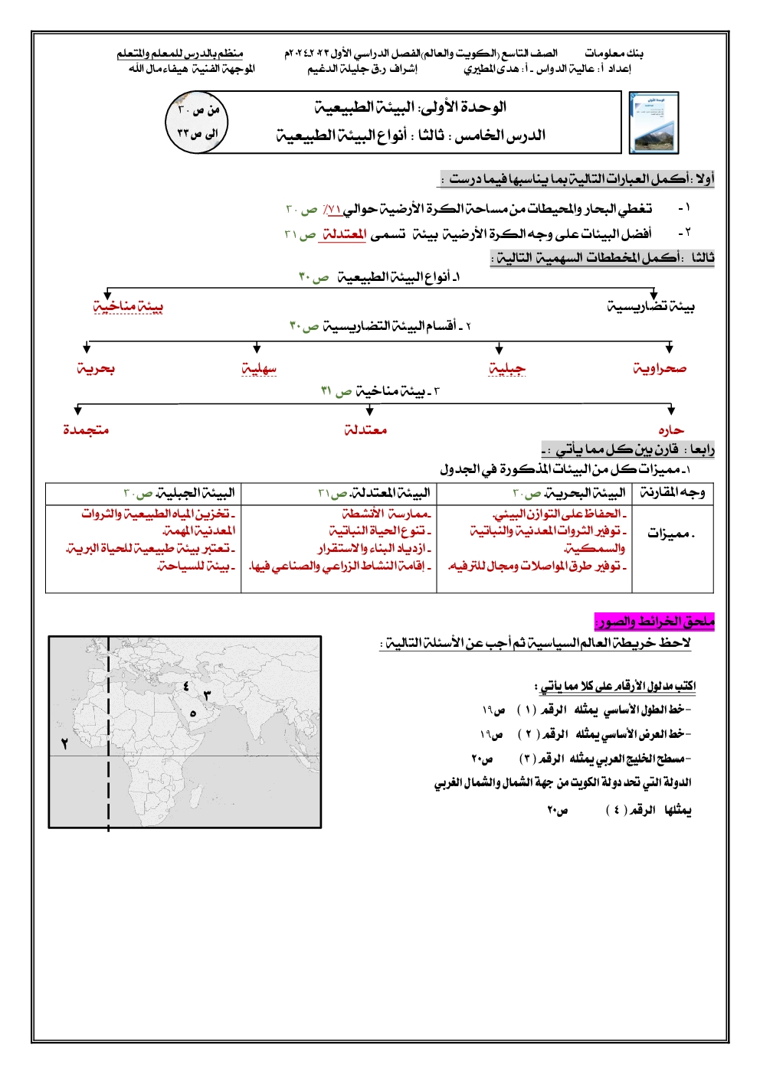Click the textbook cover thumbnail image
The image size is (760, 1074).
pyautogui.click(x=653, y=122)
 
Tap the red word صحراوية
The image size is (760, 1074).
pyautogui.click(x=660, y=369)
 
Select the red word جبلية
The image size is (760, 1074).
pyautogui.click(x=507, y=369)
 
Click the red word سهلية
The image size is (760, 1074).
pyautogui.click(x=259, y=369)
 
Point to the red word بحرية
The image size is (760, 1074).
pyautogui.click(x=96, y=369)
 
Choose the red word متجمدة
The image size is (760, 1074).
pyautogui.click(x=86, y=430)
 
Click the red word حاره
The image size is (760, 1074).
pyautogui.click(x=670, y=430)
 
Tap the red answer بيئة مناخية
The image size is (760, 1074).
pyautogui.click(x=128, y=306)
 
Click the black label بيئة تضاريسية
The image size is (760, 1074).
pyautogui.click(x=650, y=307)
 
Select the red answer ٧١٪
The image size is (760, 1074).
pyautogui.click(x=332, y=208)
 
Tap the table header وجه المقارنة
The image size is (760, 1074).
pyautogui.click(x=673, y=493)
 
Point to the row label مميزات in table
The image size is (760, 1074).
pyautogui.click(x=671, y=534)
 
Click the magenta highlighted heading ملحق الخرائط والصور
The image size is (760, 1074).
pyautogui.click(x=654, y=622)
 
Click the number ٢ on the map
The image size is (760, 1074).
pyautogui.click(x=64, y=743)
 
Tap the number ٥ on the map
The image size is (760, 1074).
pyautogui.click(x=193, y=713)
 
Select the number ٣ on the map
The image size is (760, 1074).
pyautogui.click(x=207, y=695)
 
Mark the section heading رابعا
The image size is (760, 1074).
pyautogui.click(x=702, y=449)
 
